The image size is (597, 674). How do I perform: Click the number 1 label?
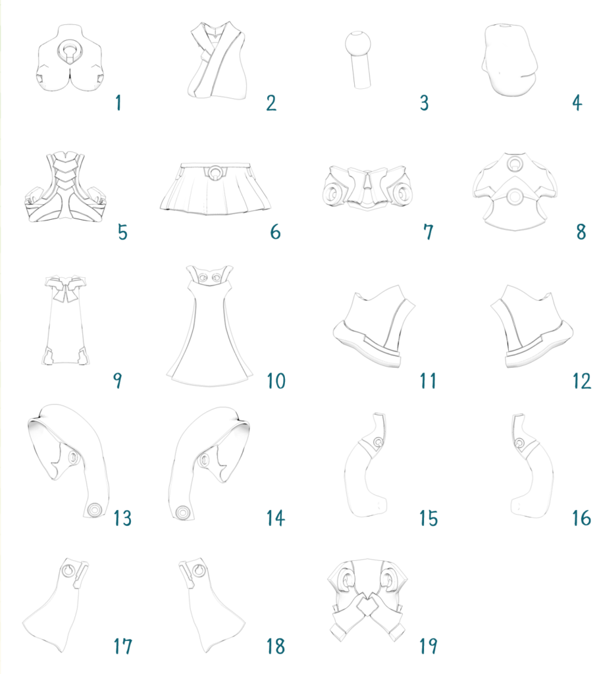pos(118,103)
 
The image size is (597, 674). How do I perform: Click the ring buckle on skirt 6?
pos(214,172)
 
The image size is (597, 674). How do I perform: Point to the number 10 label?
pos(276,381)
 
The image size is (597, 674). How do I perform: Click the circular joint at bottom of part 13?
pos(94,510)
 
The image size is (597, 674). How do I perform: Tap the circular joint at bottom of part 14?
pos(182,512)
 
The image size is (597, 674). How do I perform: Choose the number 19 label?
pos(428,646)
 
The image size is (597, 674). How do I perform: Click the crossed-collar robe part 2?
pos(218,60)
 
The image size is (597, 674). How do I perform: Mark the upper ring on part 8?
pos(515,163)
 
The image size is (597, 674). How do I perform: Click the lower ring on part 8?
pos(514,197)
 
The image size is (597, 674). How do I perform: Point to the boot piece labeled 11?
pos(374,326)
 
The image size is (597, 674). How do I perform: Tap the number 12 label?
pos(581,381)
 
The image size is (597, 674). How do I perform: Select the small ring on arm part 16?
pos(519,443)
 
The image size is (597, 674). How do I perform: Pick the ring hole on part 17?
pos(68,571)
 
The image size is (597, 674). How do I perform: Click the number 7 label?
pos(428,232)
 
